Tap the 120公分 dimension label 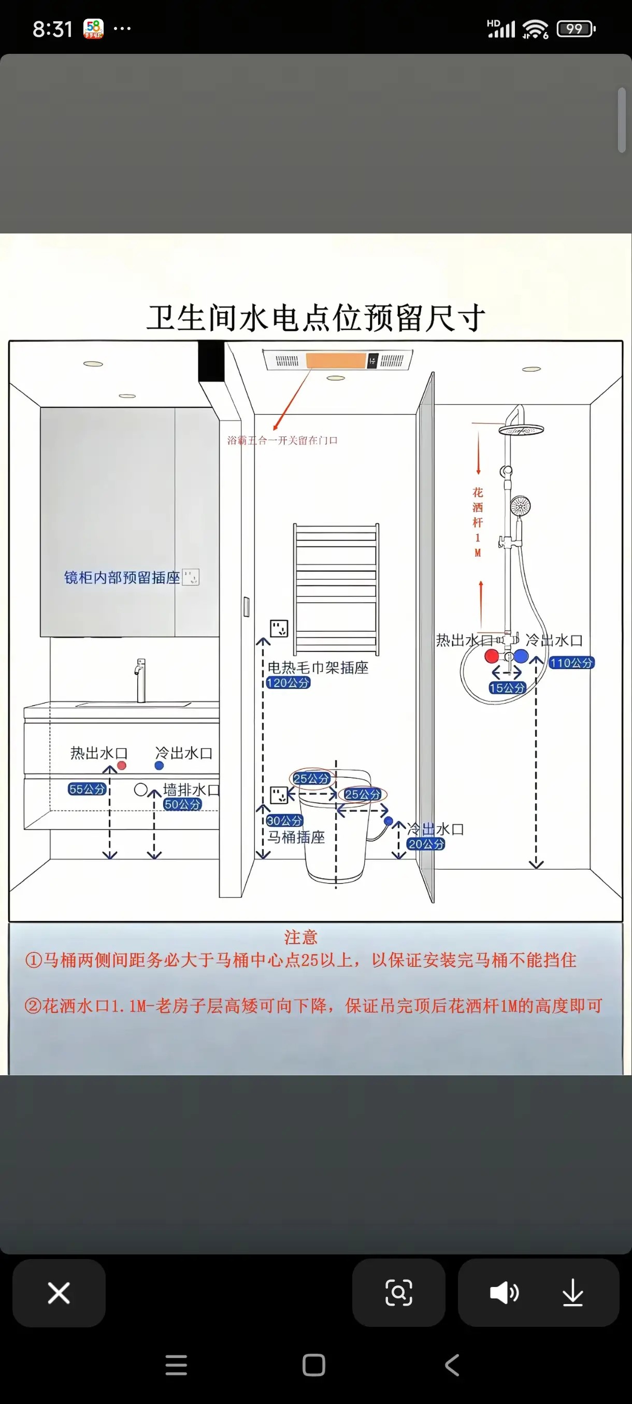click(288, 682)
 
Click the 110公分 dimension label click(571, 663)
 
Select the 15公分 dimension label click(507, 688)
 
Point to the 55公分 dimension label click(87, 788)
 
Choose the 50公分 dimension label click(182, 804)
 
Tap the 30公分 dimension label click(284, 820)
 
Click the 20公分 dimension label click(426, 844)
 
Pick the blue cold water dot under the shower click(521, 656)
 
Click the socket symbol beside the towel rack click(279, 628)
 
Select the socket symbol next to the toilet click(279, 795)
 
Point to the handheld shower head click(520, 506)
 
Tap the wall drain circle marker click(141, 788)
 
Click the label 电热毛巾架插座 click(318, 668)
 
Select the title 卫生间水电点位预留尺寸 click(315, 318)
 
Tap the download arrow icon click(572, 1293)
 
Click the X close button click(59, 1293)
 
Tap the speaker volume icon click(504, 1293)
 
